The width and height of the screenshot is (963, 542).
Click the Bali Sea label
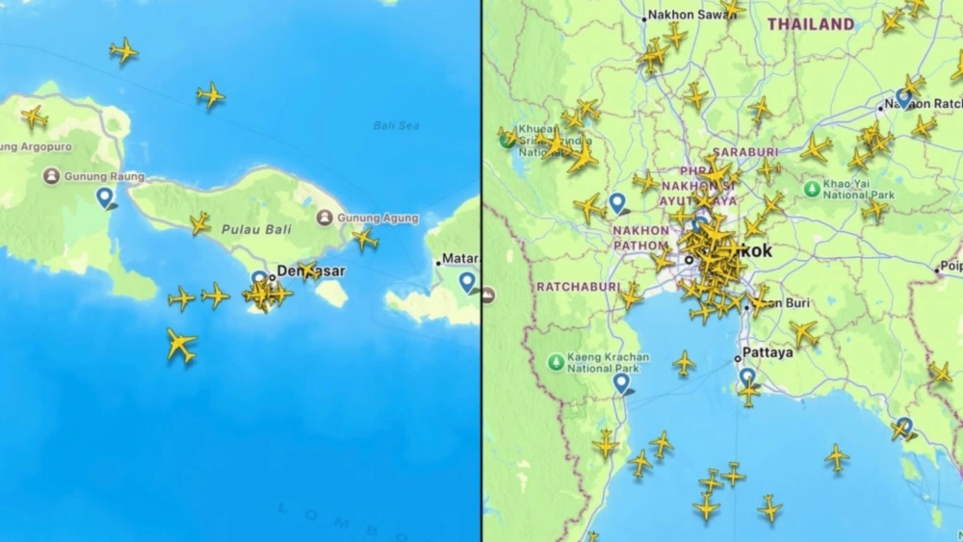396,125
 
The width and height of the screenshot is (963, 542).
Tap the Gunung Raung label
104,177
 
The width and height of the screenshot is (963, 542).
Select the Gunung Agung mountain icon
325,218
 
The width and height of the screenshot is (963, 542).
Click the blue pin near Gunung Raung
105,197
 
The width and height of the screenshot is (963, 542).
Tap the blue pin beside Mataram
467,281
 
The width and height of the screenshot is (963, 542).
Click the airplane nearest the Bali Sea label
211,94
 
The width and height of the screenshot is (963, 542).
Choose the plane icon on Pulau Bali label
200,223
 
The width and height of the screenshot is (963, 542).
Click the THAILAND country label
810,24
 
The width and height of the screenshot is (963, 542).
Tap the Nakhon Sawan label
683,14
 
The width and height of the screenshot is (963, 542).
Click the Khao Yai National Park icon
813,189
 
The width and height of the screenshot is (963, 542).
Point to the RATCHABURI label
572,287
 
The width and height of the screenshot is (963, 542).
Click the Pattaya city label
768,352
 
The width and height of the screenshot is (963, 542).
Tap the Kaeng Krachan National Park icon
556,362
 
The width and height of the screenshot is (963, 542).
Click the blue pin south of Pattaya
747,376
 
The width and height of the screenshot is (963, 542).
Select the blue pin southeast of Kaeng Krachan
622,383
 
